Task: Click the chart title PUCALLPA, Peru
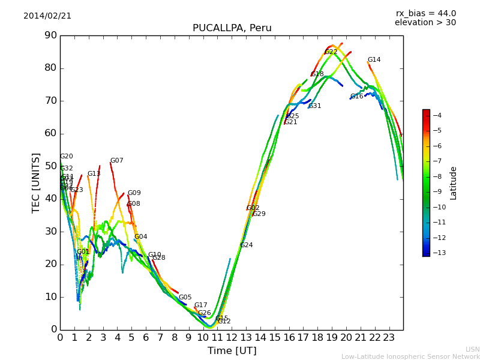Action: click(232, 28)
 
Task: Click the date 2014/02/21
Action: click(47, 16)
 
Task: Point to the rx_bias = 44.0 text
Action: click(425, 14)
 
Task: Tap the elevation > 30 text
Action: click(425, 23)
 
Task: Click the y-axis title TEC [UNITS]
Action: click(36, 182)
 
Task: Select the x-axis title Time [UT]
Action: click(232, 351)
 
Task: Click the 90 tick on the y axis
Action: click(50, 35)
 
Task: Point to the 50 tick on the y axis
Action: click(50, 166)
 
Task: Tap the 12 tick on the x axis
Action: click(232, 337)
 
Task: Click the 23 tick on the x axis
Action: click(389, 337)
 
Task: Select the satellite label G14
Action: click(374, 60)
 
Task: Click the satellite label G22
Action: click(331, 52)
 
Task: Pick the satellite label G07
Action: click(116, 161)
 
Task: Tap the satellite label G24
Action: click(246, 245)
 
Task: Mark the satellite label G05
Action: click(185, 298)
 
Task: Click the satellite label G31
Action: click(314, 106)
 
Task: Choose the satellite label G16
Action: click(356, 97)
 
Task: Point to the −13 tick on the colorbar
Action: click(437, 253)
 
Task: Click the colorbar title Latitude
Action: click(454, 183)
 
